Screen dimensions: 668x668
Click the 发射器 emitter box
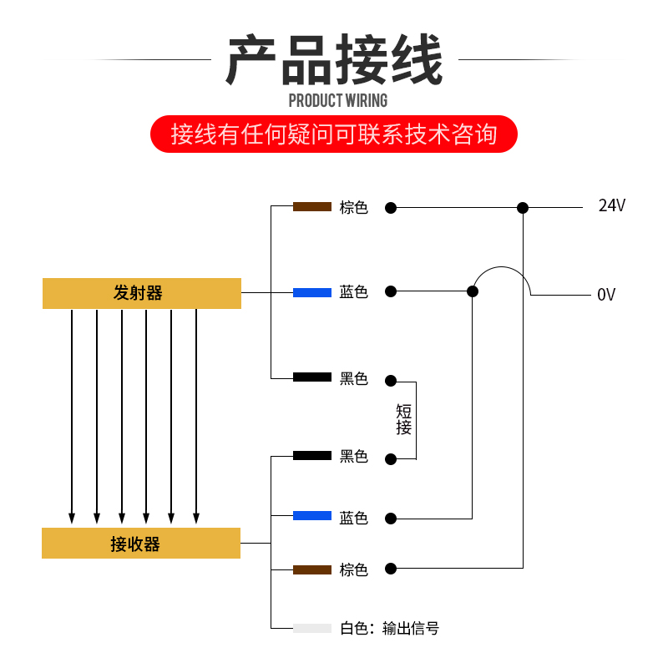coord(142,293)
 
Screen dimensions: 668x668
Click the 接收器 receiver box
coord(141,544)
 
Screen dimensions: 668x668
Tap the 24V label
coord(611,206)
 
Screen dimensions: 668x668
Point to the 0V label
coord(606,295)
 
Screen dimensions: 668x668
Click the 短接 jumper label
coord(404,419)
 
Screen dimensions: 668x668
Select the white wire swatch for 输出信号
coord(312,628)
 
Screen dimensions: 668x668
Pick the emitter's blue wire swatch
coord(312,292)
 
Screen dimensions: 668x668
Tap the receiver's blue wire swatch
coord(312,516)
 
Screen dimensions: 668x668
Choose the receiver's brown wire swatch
coord(312,569)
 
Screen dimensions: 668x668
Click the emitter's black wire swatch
coord(312,377)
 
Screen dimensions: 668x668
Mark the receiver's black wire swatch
coord(312,455)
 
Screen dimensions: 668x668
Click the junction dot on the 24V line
coord(523,207)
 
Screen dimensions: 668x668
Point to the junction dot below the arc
coord(473,291)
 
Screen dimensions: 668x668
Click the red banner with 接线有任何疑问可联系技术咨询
coord(334,134)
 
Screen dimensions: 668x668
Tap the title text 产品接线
coord(334,61)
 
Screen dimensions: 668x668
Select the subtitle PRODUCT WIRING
coord(337,101)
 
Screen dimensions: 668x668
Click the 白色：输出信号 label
coord(389,629)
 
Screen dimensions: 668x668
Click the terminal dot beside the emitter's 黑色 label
coord(390,380)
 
